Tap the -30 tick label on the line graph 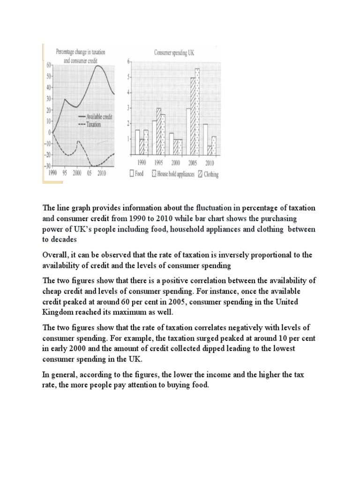(47, 165)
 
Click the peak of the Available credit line (98, 66)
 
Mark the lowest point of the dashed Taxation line (96, 165)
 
